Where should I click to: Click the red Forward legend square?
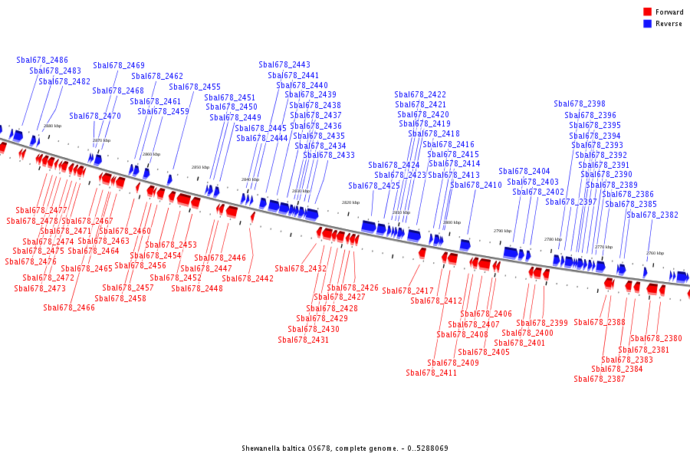click(647, 11)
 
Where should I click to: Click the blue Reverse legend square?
click(647, 24)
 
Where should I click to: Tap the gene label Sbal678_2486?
click(42, 60)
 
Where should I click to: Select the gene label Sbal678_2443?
click(284, 65)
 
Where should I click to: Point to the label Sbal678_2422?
click(420, 95)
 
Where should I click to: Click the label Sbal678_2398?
click(580, 104)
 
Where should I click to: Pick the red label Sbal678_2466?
click(69, 308)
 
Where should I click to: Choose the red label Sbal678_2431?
click(304, 340)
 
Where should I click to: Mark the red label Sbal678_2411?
click(432, 373)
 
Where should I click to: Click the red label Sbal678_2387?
click(600, 379)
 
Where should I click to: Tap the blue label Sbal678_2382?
click(652, 215)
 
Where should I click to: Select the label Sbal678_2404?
click(524, 172)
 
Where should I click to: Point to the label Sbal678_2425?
click(374, 186)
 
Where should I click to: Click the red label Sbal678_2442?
click(248, 279)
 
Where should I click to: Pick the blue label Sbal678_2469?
click(119, 66)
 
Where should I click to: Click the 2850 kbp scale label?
click(200, 167)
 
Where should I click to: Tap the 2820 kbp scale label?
click(350, 202)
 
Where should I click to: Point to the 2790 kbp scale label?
click(502, 231)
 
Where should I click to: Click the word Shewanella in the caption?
click(262, 448)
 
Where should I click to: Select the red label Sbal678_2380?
click(656, 339)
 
